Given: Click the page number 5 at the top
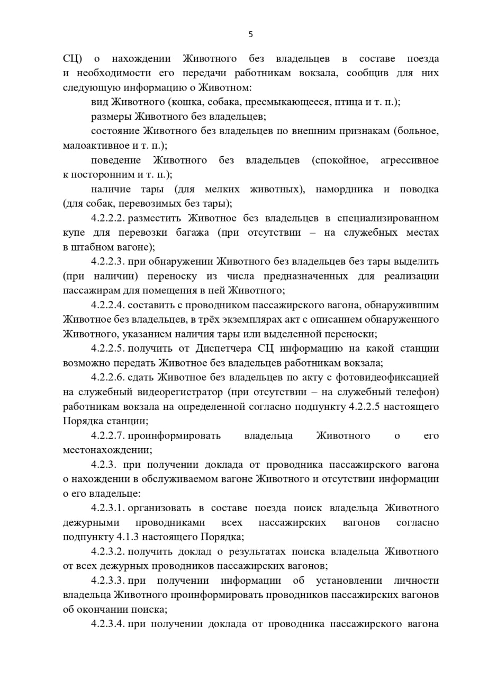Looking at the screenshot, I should [250, 34].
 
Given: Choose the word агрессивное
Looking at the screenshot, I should [409, 160].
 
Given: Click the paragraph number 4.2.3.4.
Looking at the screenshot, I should [108, 624].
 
